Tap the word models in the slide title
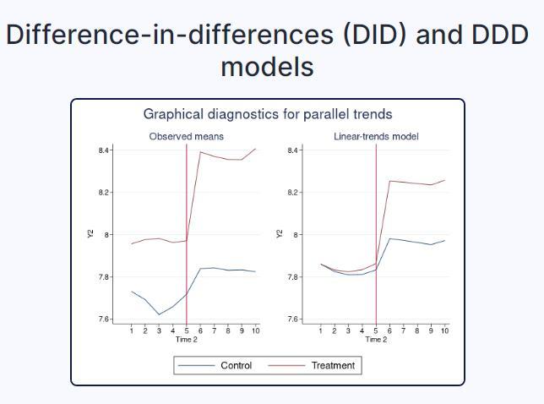(267, 66)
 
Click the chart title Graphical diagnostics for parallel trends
(267, 114)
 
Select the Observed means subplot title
(186, 136)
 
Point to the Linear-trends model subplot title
(376, 136)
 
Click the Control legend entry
(236, 365)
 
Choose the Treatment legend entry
(333, 365)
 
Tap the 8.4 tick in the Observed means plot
(105, 150)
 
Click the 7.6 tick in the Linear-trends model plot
(294, 319)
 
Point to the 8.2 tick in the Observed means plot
(105, 193)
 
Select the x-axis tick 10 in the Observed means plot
(255, 330)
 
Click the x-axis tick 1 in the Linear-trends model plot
(321, 330)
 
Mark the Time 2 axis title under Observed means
(187, 340)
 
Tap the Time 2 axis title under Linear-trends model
(376, 340)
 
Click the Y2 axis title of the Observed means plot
(90, 234)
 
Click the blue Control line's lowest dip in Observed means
(159, 314)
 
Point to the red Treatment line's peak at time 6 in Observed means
(200, 152)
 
